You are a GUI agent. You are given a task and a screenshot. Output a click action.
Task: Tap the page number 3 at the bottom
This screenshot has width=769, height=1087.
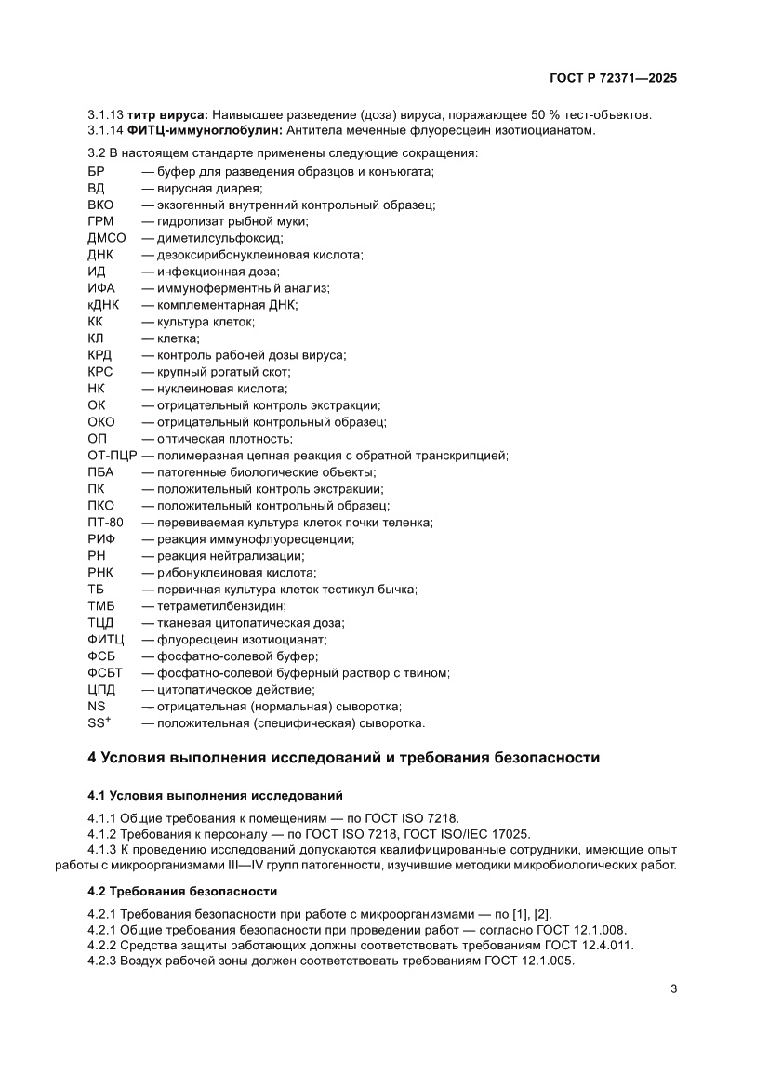pos(673,988)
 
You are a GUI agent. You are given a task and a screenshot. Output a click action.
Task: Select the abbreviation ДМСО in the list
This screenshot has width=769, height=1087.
pos(106,238)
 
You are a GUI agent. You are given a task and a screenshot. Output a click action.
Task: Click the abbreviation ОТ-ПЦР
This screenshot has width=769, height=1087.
pos(112,456)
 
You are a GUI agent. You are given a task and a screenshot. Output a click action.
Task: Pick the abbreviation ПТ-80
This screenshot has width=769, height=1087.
pos(105,523)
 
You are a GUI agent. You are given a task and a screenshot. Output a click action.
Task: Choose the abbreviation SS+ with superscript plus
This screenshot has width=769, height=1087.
pos(99,722)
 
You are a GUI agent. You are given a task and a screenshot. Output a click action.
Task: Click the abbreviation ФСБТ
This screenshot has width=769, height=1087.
pos(104,673)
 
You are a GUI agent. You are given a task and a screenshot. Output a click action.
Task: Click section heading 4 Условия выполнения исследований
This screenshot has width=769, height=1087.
pos(343,758)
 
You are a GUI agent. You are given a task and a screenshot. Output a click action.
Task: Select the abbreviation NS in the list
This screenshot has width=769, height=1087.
pos(96,707)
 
